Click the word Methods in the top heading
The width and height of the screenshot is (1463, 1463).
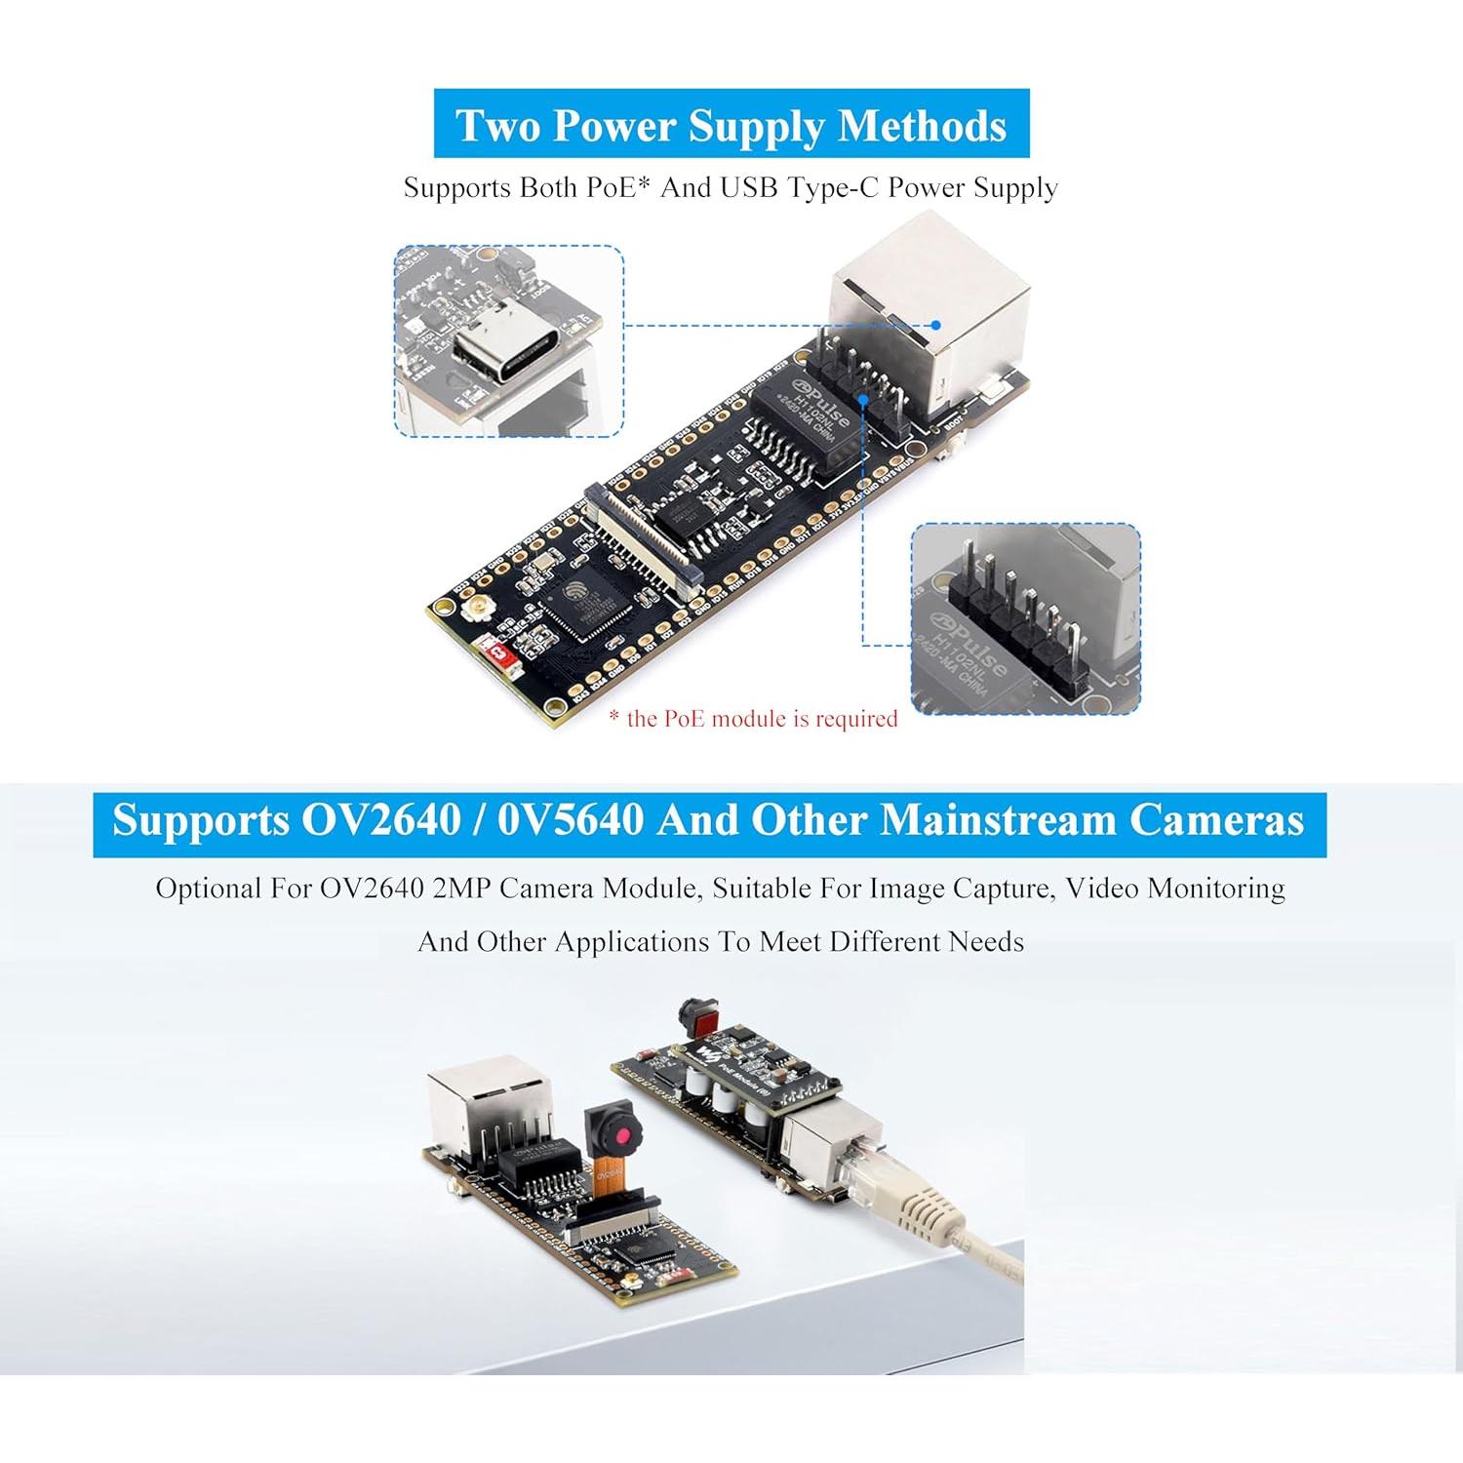pos(922,126)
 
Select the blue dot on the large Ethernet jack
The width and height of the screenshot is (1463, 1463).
pos(935,325)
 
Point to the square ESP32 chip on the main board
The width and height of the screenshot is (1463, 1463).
pos(585,604)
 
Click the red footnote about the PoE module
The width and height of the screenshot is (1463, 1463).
pos(753,719)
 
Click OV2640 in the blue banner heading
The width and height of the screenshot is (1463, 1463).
pos(381,820)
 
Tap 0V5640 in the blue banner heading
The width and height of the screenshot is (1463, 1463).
pos(571,820)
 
